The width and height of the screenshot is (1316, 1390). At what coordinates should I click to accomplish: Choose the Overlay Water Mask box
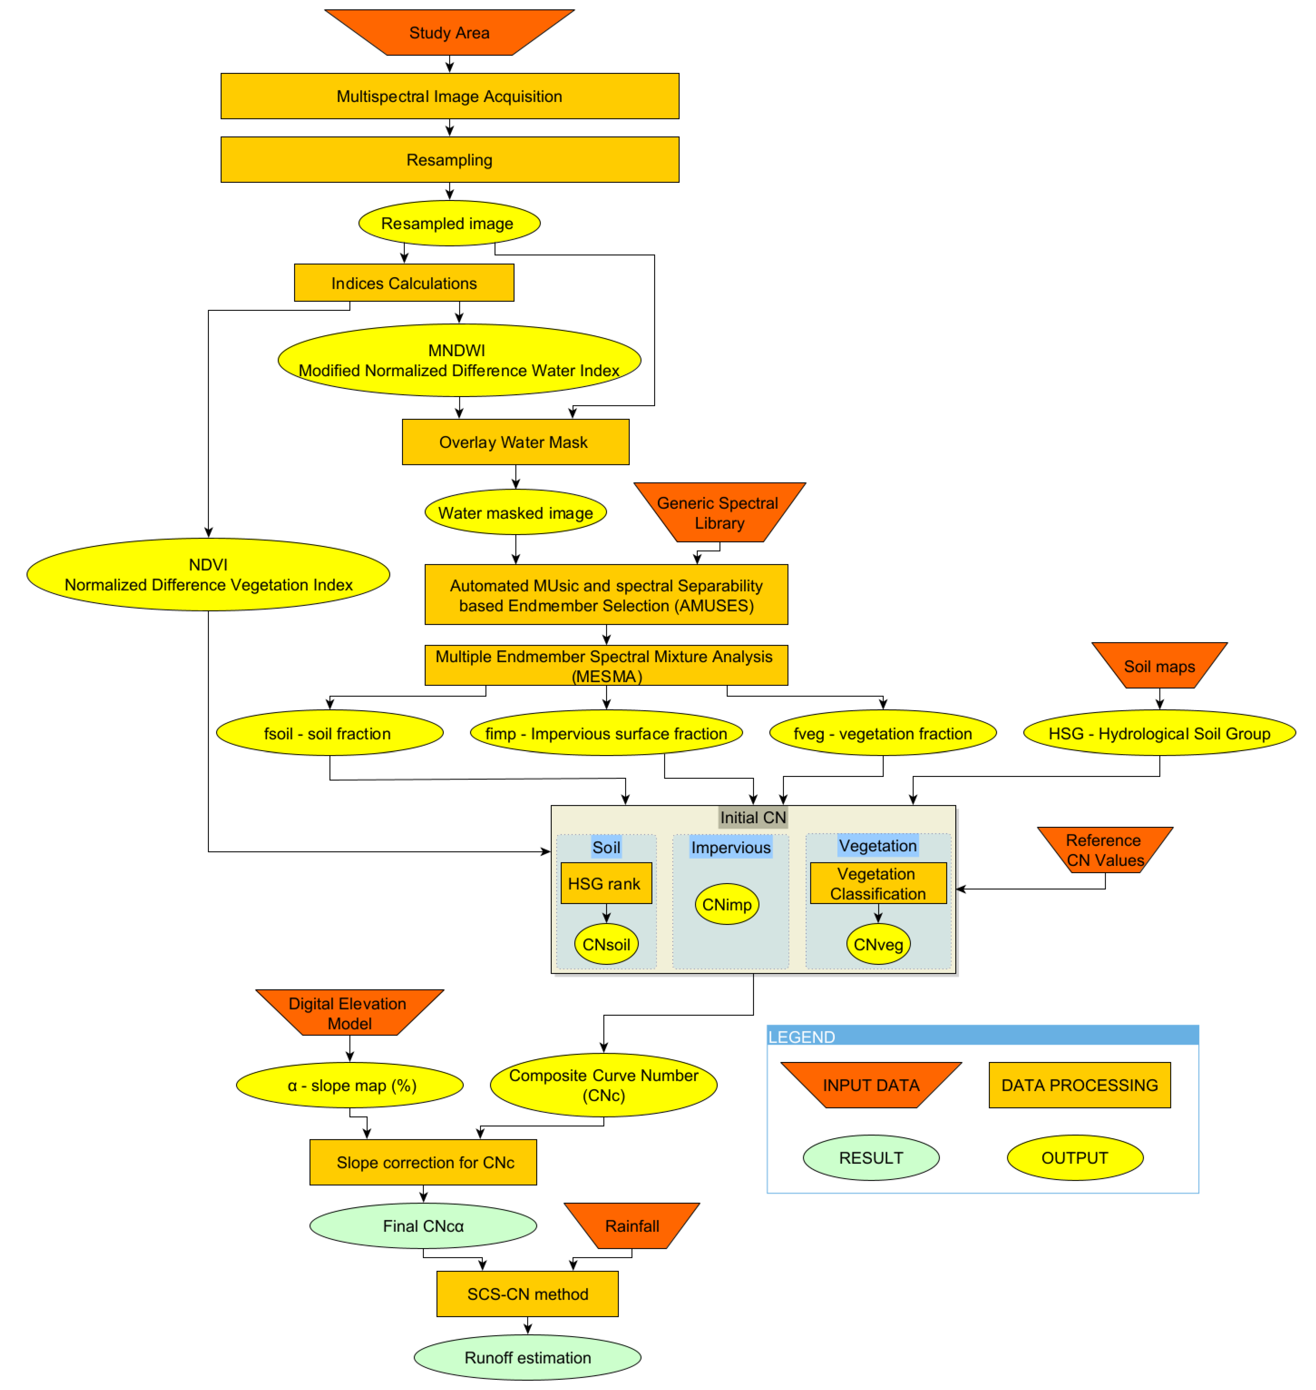[515, 442]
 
